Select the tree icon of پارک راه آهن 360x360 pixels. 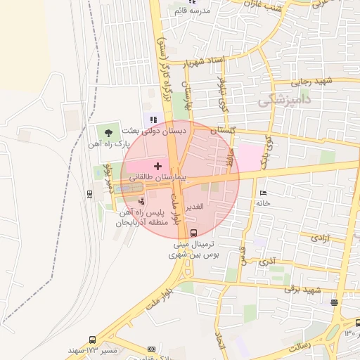[x=108, y=131]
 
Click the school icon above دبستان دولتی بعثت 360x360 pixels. [x=153, y=120]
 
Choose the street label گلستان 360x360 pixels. [x=224, y=131]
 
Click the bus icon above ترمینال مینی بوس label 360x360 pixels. [x=194, y=233]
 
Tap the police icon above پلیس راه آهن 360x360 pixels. [x=142, y=202]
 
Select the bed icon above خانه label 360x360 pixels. [x=264, y=193]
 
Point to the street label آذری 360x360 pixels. [x=267, y=262]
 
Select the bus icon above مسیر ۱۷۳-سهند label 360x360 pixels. [x=93, y=340]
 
